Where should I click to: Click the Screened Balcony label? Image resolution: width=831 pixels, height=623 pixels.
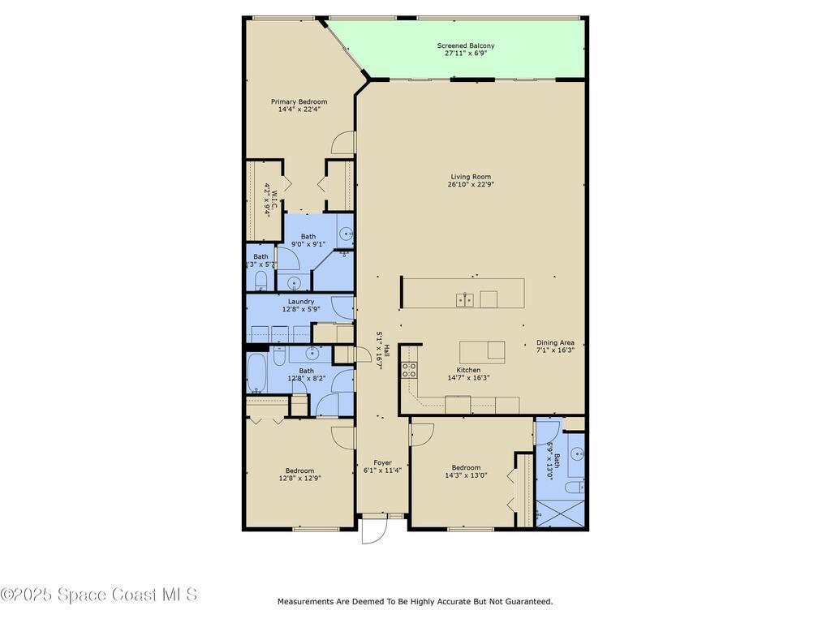point(465,45)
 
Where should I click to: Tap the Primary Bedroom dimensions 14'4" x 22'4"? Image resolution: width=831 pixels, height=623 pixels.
point(299,109)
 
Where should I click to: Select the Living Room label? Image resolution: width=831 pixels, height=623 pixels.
point(471,176)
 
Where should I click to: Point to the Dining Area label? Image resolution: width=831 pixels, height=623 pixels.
point(555,342)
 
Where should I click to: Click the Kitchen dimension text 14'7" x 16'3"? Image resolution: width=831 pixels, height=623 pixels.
point(469,377)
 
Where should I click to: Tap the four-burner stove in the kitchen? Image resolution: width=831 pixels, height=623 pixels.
point(409,371)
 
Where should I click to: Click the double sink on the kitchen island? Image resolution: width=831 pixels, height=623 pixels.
point(465,300)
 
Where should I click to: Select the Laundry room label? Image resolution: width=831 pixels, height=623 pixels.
point(300,301)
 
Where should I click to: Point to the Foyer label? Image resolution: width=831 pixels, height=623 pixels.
point(382,462)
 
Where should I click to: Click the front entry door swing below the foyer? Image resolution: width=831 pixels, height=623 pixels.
point(372,532)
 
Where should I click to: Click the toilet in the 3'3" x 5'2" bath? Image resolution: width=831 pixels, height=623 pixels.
point(260,281)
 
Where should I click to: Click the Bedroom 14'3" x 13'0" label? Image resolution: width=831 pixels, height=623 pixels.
point(466,467)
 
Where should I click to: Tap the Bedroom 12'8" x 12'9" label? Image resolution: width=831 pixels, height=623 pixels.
point(299,470)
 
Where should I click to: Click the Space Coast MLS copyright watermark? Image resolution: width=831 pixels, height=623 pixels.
point(98,595)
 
